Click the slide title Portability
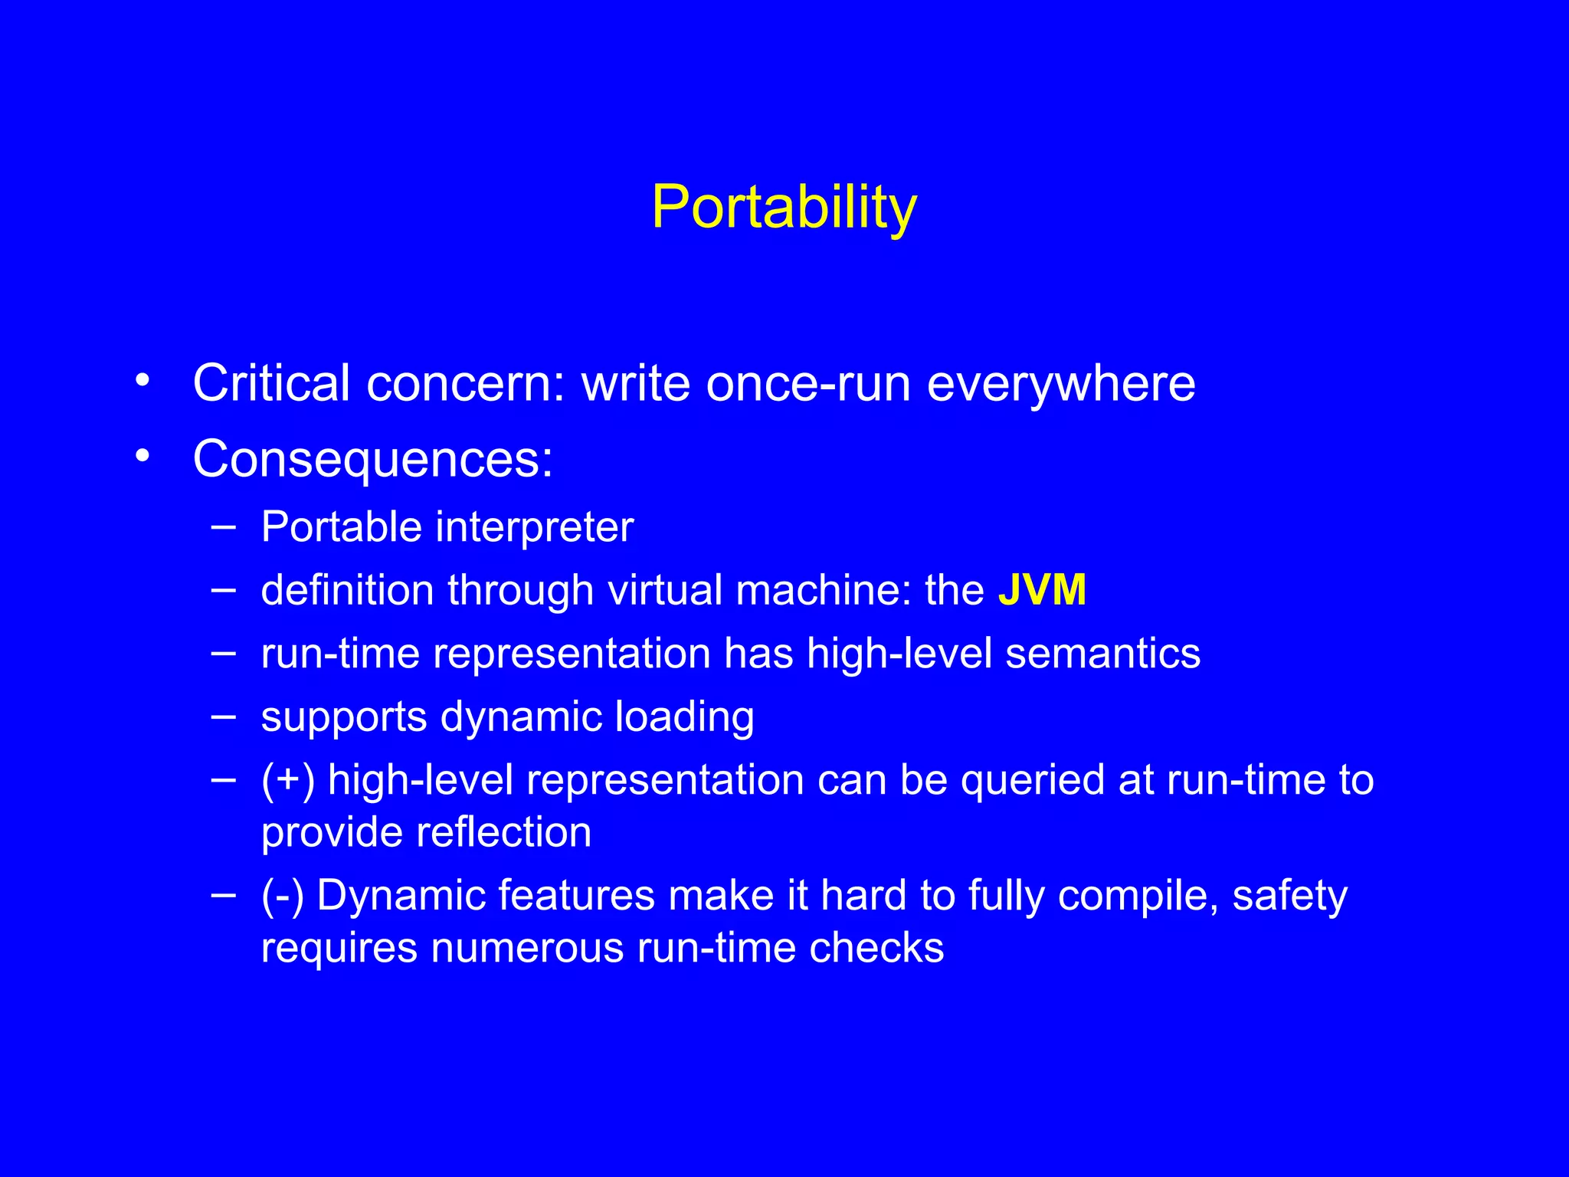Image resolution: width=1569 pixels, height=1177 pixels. click(784, 208)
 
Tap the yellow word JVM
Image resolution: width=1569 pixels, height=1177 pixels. click(1042, 591)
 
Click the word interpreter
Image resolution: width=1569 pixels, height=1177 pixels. click(534, 528)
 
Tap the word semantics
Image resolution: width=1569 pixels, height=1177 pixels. click(1102, 654)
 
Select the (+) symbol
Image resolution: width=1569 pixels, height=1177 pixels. click(288, 781)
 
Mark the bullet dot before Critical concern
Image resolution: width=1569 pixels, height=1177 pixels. click(142, 380)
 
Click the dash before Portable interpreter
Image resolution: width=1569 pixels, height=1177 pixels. click(223, 527)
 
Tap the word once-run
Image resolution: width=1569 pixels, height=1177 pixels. click(808, 384)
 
